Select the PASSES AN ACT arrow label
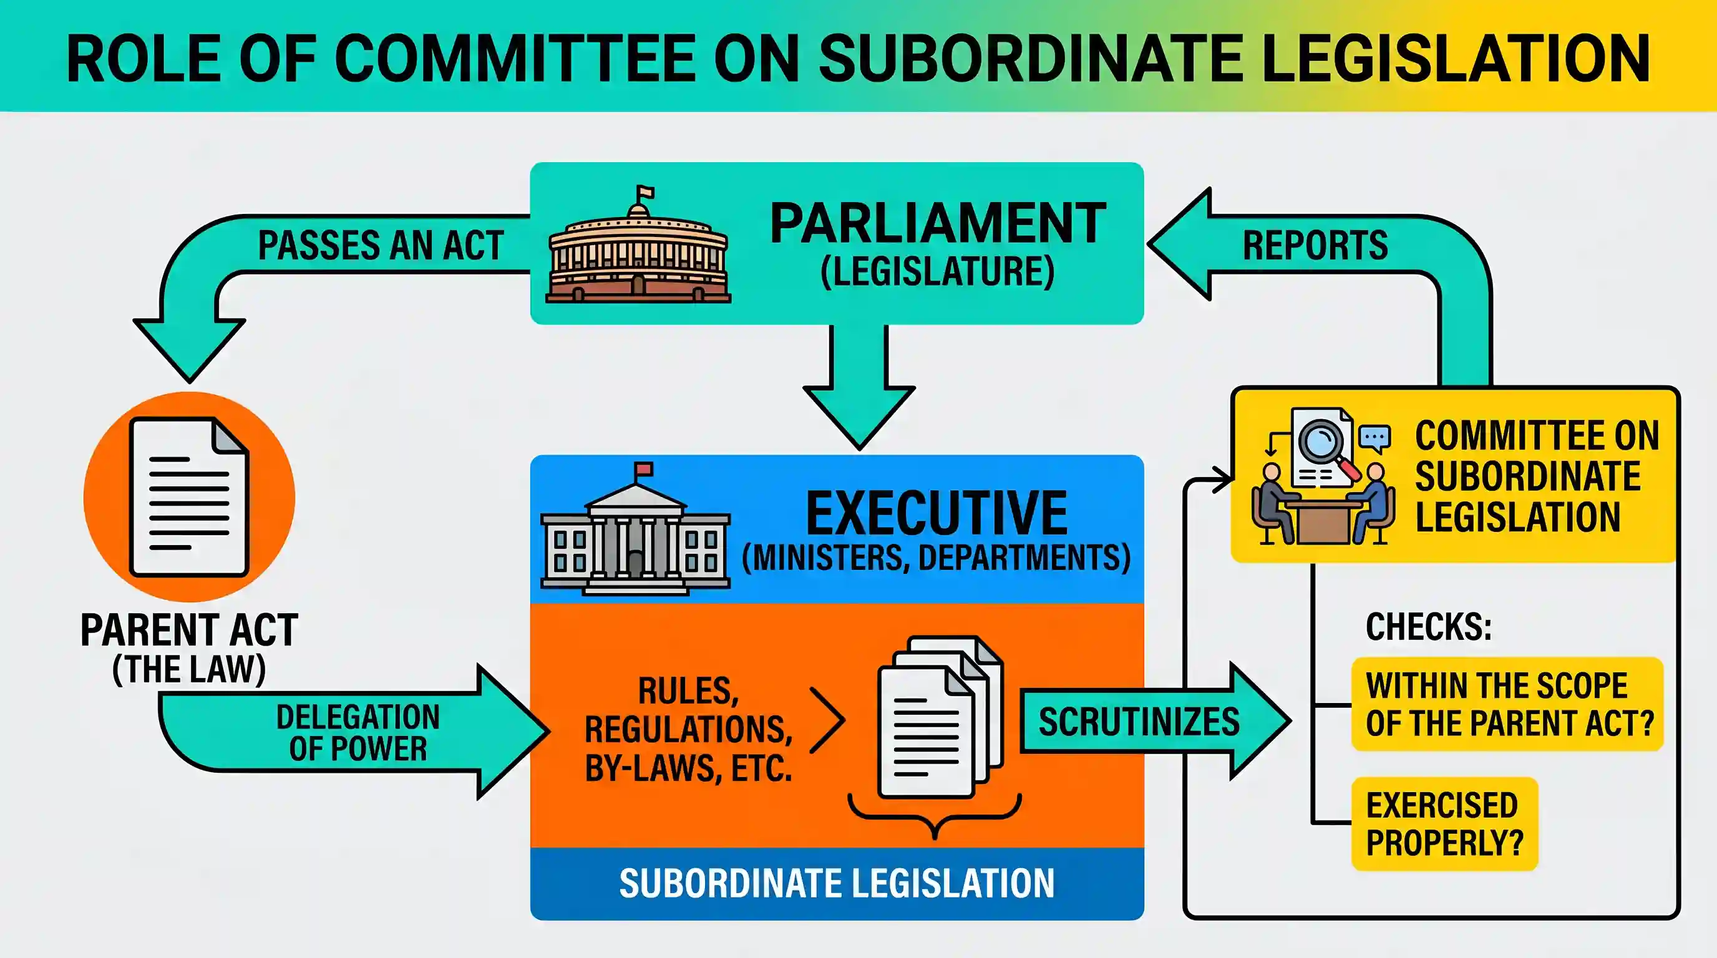tap(381, 245)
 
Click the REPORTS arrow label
tap(1315, 245)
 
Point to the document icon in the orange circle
tap(189, 496)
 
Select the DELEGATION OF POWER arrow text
tap(358, 733)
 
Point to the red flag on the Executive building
tap(644, 469)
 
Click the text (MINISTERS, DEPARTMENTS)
tap(936, 558)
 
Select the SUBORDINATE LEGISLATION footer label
tap(837, 883)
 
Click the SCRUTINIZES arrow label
tap(1139, 722)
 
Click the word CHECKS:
tap(1429, 627)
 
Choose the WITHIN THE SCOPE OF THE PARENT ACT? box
tap(1508, 704)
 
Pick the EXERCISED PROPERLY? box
tap(1444, 824)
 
